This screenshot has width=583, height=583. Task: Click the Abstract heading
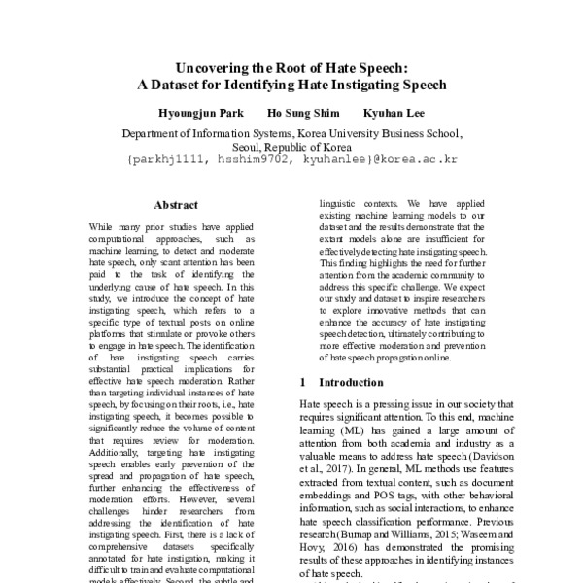(x=176, y=205)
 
